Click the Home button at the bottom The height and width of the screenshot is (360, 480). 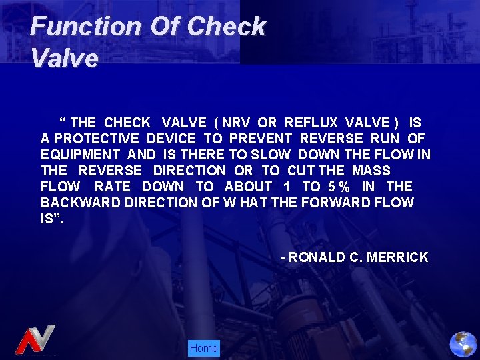[x=203, y=348]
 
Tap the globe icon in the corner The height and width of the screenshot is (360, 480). [x=463, y=344]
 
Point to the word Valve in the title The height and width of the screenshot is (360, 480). [x=64, y=59]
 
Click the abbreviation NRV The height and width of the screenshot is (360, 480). [x=238, y=123]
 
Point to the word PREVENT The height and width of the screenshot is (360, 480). [x=261, y=139]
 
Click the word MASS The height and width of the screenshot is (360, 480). [x=371, y=171]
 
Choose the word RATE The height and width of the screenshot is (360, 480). [x=113, y=187]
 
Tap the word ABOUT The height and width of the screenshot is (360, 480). [x=248, y=187]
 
